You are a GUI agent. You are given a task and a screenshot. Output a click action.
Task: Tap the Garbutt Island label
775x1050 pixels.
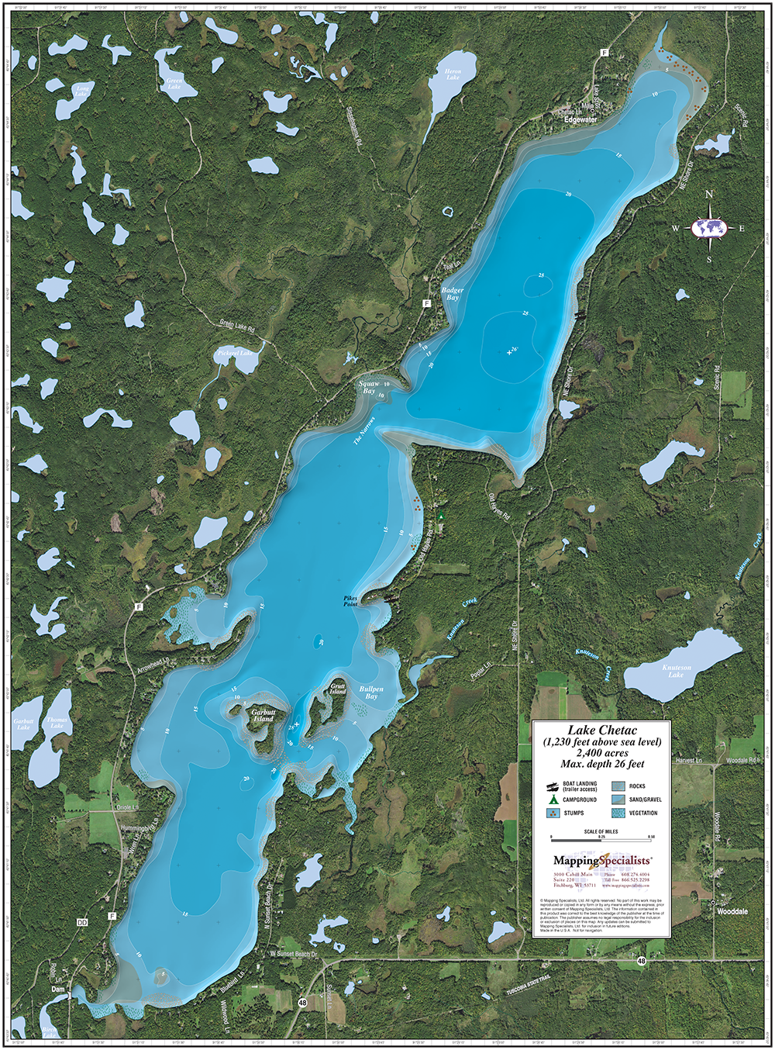(263, 715)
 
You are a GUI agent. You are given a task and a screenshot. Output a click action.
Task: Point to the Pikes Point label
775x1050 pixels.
(351, 601)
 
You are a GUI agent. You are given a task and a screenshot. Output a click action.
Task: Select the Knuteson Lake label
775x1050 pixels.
(676, 671)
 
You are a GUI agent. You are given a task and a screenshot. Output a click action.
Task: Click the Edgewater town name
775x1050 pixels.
(580, 120)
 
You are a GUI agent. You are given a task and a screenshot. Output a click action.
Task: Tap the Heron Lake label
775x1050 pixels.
(453, 74)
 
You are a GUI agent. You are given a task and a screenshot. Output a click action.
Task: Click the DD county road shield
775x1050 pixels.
(82, 923)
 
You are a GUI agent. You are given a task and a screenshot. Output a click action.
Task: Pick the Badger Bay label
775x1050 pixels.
(453, 294)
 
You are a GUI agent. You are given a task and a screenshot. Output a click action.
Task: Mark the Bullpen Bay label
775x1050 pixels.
(371, 693)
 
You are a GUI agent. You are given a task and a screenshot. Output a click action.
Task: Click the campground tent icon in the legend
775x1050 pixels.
(553, 800)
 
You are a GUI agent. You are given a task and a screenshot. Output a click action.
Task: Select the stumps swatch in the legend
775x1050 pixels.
(553, 813)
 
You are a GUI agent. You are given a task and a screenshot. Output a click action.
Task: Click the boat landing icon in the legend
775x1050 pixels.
(553, 786)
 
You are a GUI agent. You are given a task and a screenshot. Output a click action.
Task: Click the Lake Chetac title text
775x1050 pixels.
(601, 731)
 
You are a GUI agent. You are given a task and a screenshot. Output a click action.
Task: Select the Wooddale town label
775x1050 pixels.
(732, 912)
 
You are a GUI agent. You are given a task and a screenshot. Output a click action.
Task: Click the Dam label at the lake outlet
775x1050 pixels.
(57, 990)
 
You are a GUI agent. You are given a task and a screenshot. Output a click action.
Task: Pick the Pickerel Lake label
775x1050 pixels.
(234, 354)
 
